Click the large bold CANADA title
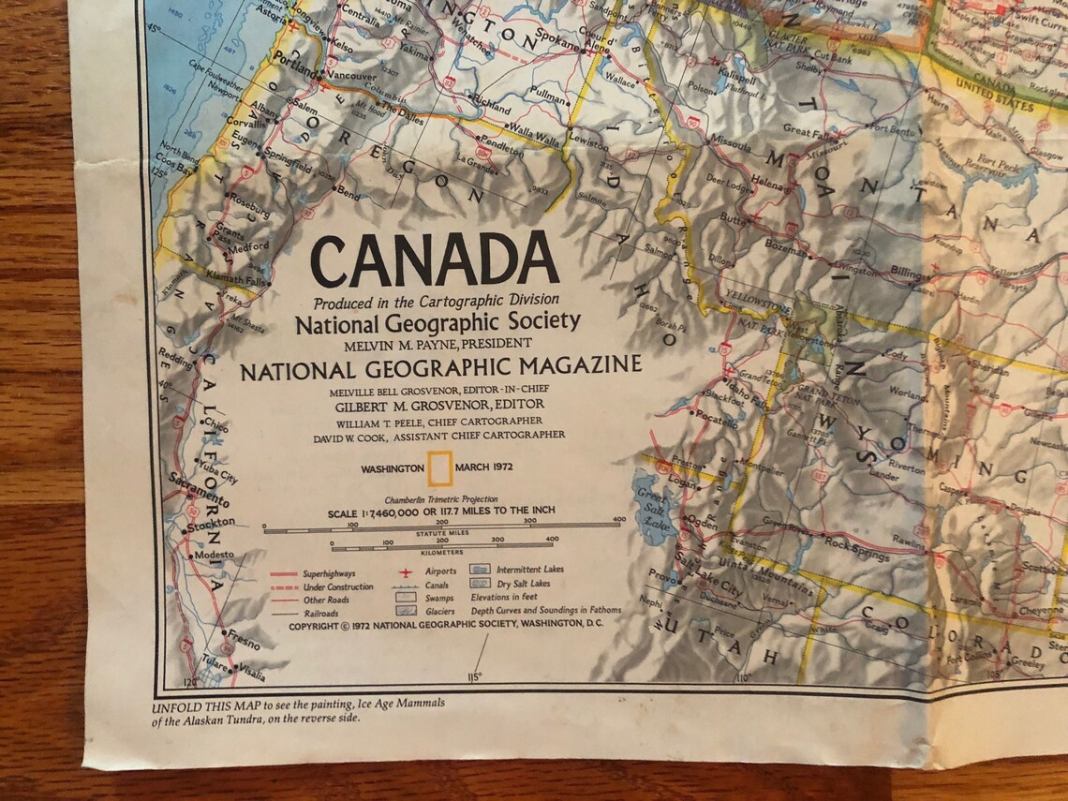tap(435, 261)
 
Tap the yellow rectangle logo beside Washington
tap(439, 467)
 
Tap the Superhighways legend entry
tap(324, 571)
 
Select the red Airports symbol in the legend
tap(405, 571)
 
